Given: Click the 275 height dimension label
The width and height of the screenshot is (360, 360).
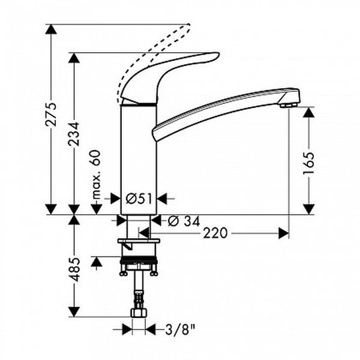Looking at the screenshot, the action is (x=51, y=115).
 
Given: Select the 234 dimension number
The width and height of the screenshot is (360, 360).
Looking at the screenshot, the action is (x=74, y=134).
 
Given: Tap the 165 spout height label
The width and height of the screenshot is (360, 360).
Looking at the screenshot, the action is (x=308, y=163).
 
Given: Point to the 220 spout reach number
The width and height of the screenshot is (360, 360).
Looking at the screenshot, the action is (x=215, y=233).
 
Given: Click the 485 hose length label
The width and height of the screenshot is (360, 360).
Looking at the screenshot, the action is (x=74, y=269).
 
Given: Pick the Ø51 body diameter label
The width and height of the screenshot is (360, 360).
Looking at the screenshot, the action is (x=139, y=199).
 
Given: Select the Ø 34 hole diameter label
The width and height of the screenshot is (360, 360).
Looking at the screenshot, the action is (x=184, y=221).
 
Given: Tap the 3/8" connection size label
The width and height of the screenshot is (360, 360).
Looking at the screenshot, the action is (x=180, y=331).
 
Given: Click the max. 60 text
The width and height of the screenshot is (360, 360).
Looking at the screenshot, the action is (x=97, y=174).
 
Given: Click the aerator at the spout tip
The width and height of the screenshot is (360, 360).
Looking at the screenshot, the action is (x=289, y=106).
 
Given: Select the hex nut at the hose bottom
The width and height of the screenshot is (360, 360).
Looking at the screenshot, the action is (x=139, y=313).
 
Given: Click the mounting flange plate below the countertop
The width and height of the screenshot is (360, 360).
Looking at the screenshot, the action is (x=139, y=241).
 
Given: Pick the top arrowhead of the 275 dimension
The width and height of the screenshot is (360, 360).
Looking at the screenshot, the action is (x=51, y=29).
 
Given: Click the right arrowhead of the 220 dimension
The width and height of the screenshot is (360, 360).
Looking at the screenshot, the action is (x=284, y=233).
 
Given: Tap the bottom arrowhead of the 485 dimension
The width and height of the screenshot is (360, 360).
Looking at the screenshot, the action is (x=74, y=312).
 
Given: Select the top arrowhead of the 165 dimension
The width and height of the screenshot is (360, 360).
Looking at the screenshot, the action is (x=308, y=112).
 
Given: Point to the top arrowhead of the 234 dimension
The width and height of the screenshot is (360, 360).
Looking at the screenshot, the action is (x=74, y=58).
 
